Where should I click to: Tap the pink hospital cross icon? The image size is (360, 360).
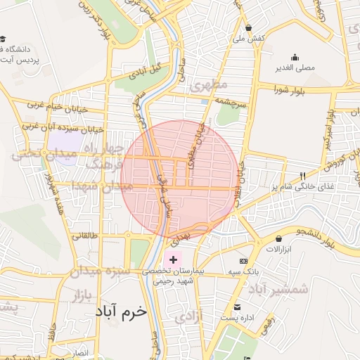click(x=174, y=260)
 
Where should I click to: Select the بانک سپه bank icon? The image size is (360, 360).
click(x=244, y=261)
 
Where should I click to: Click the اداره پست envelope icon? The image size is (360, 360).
click(x=238, y=307)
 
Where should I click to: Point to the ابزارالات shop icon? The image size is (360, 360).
click(x=279, y=239)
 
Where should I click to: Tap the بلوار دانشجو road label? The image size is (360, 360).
click(x=331, y=230)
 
